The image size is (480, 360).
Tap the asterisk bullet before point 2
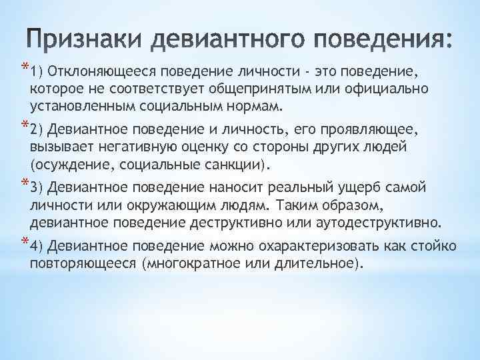pyautogui.click(x=25, y=125)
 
